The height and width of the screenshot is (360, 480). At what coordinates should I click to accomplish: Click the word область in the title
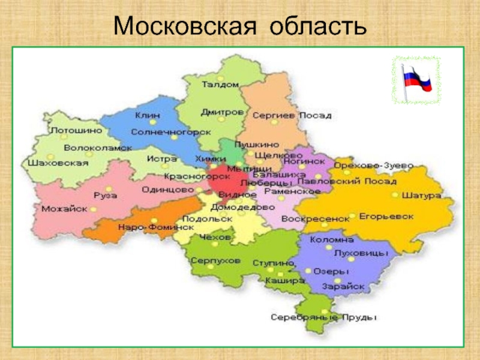[x=317, y=26]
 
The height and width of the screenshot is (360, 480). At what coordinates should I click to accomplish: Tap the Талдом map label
[x=220, y=85]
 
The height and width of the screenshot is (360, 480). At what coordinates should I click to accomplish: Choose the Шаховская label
[x=58, y=163]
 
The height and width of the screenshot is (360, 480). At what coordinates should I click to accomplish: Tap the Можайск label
[x=64, y=209]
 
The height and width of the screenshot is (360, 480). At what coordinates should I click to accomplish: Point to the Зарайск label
[x=343, y=287]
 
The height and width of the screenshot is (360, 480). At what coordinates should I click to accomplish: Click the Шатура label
[x=422, y=195]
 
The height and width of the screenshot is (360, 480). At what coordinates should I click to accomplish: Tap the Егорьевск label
[x=386, y=217]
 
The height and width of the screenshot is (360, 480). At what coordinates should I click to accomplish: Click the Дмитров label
[x=222, y=112]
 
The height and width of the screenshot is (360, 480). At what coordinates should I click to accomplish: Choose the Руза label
[x=106, y=195]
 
